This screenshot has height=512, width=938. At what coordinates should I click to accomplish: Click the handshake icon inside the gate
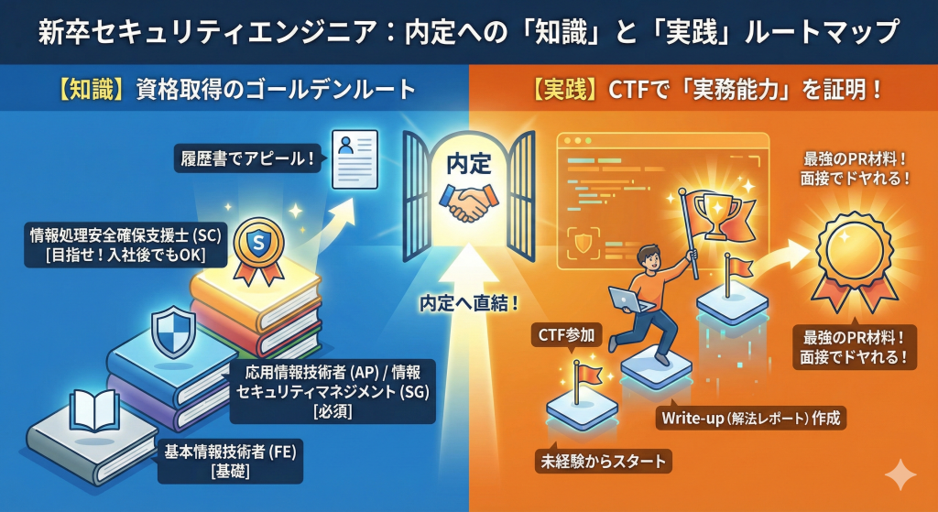pos(469,204)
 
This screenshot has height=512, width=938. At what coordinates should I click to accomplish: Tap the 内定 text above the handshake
pos(469,162)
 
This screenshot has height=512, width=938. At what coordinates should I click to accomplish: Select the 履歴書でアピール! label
pos(245,158)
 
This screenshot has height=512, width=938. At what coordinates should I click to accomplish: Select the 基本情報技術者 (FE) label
pos(232,461)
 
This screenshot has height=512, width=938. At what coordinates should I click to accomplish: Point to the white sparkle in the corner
pos(900,475)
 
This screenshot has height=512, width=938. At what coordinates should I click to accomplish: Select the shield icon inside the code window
pos(584,243)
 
